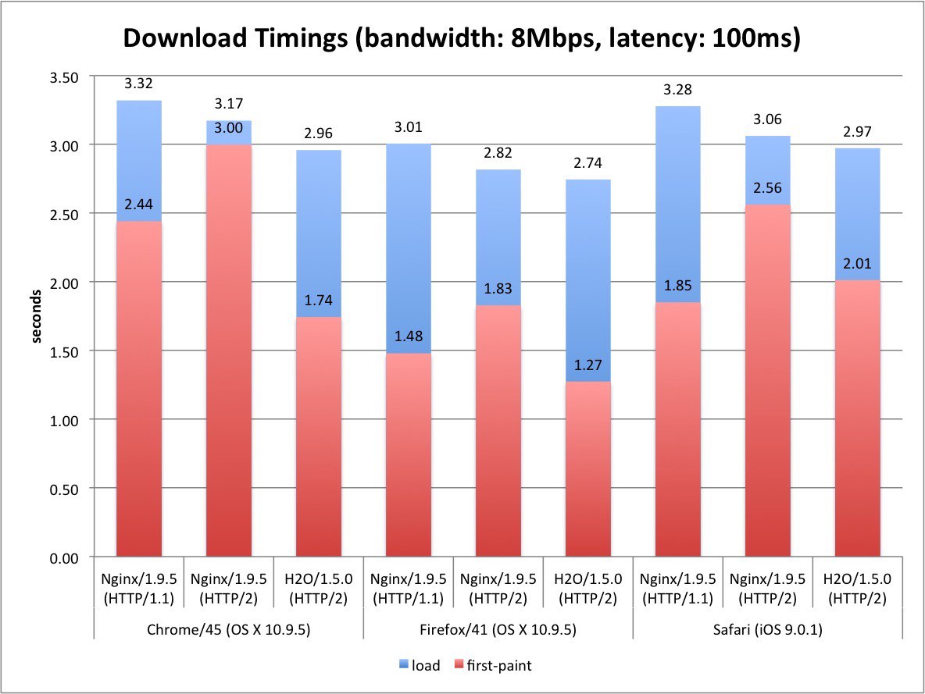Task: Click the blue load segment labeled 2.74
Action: (587, 281)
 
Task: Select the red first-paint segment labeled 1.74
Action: (319, 437)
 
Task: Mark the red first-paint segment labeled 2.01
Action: (856, 422)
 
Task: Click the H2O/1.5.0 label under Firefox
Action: (587, 588)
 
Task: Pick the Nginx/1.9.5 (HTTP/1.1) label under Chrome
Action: (139, 588)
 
